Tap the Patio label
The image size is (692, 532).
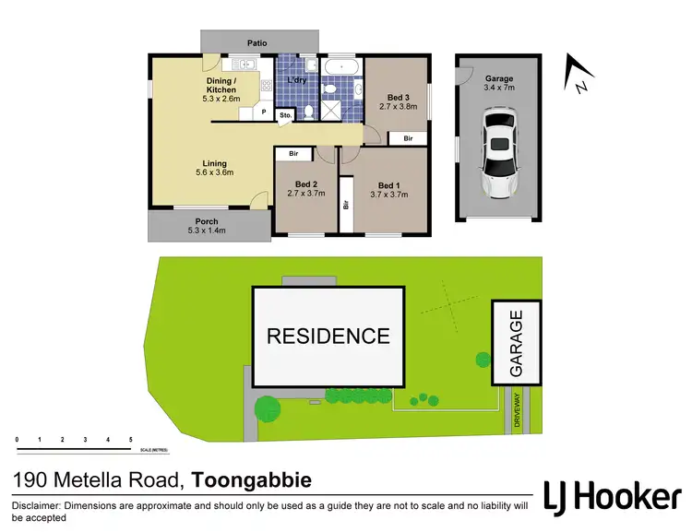tap(257, 42)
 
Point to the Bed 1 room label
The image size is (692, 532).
tap(389, 188)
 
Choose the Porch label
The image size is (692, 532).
tap(206, 223)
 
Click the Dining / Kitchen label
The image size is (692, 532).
tap(221, 87)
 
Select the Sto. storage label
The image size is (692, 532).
tap(285, 115)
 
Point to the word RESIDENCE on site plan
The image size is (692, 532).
tap(328, 337)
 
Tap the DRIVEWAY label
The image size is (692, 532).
tap(519, 408)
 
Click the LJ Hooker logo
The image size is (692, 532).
tap(612, 495)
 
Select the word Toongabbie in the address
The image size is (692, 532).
tap(251, 480)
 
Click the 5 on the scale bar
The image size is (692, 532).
tap(131, 440)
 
